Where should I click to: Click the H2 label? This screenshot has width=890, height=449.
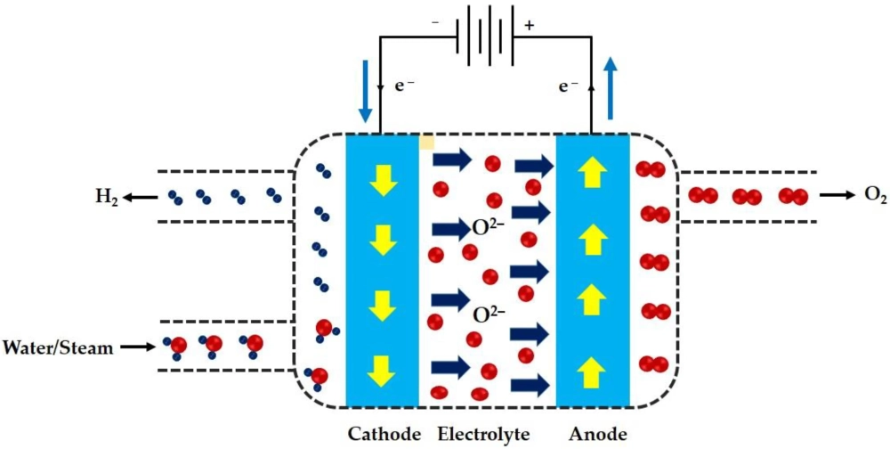(107, 197)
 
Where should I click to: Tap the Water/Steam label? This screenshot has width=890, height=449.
(59, 347)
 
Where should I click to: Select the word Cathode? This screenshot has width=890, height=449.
(384, 435)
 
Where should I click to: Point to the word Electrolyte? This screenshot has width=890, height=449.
(483, 435)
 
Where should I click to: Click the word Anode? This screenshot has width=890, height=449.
(598, 435)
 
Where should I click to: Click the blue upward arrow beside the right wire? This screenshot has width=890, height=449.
(610, 88)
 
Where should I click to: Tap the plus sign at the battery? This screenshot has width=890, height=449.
(530, 25)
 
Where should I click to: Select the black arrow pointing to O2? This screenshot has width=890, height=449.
(837, 195)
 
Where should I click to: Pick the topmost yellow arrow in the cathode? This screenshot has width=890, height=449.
(383, 181)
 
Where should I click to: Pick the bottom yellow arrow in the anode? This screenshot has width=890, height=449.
(593, 367)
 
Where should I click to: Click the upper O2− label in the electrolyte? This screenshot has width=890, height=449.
(488, 228)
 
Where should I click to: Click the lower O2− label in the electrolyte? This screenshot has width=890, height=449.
(488, 314)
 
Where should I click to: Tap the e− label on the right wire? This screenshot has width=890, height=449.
(569, 86)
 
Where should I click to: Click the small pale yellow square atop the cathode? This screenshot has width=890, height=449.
(427, 140)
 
